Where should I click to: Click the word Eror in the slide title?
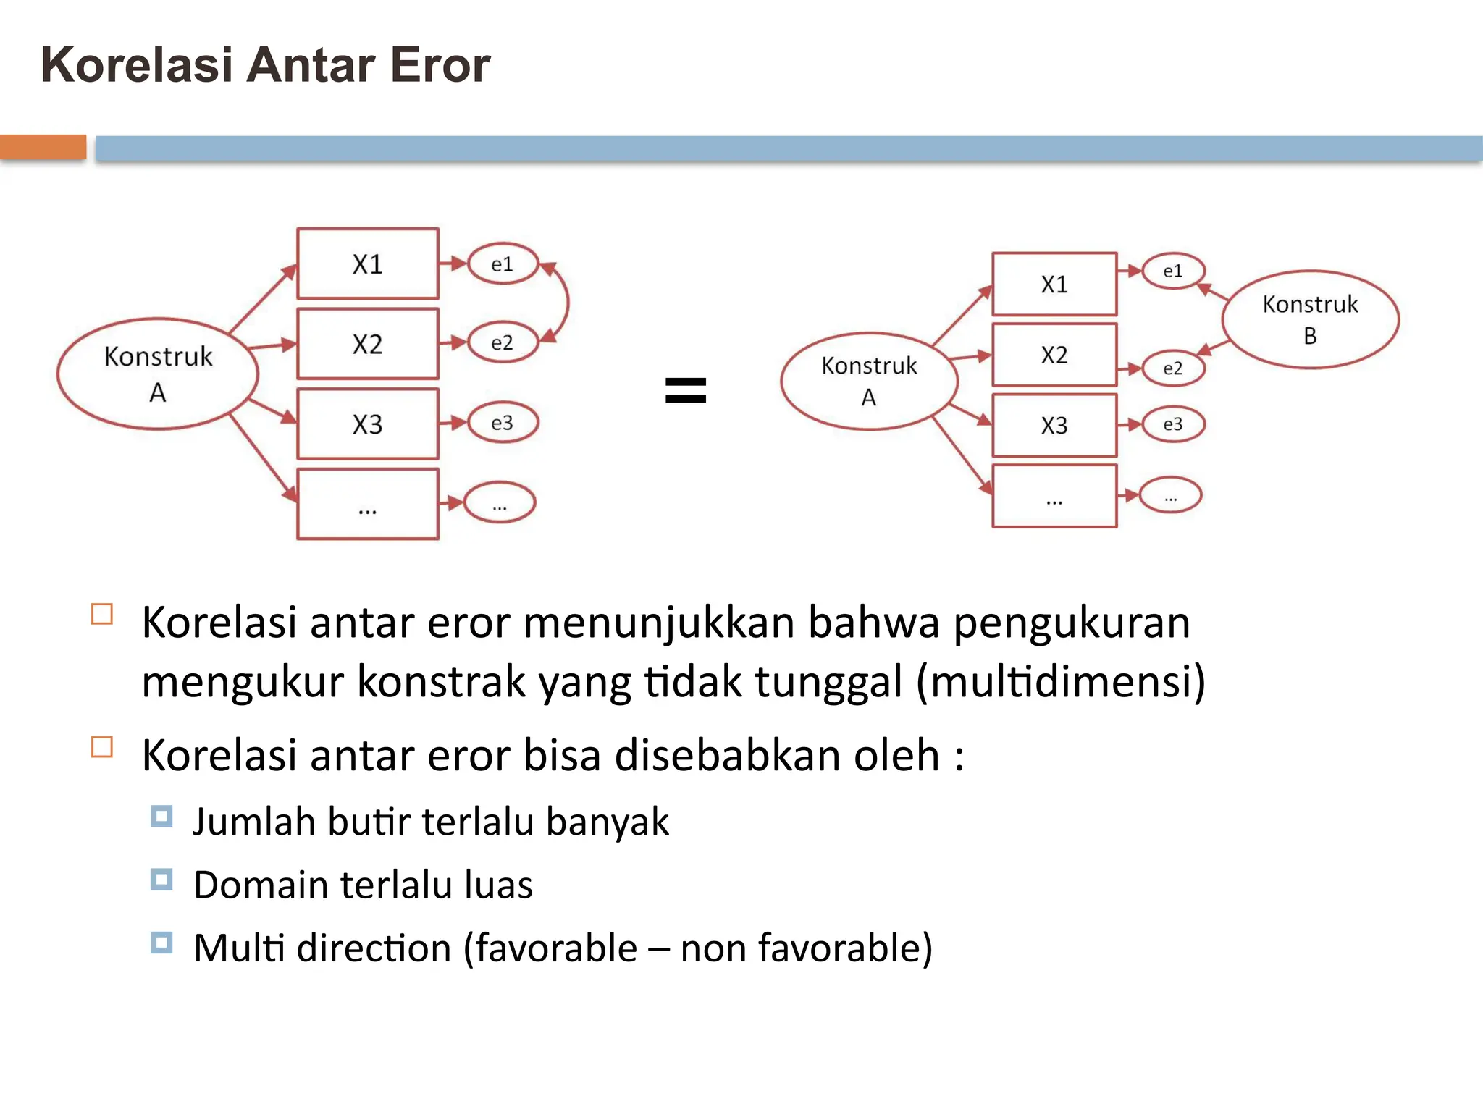[x=440, y=65]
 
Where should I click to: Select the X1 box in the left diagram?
[x=368, y=264]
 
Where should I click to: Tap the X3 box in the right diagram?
[x=1054, y=425]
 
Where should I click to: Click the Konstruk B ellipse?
[x=1310, y=319]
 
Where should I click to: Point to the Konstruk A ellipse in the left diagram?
[x=158, y=374]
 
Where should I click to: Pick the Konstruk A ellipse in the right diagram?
[x=869, y=381]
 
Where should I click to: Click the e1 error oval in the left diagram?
[x=503, y=264]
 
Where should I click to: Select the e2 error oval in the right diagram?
[x=1173, y=368]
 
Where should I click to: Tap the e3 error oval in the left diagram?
[x=503, y=423]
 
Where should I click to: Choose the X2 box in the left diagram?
[x=368, y=344]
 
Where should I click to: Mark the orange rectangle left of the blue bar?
[x=43, y=147]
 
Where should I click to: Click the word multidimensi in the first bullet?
[x=1061, y=681]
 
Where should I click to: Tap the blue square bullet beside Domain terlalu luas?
[x=161, y=880]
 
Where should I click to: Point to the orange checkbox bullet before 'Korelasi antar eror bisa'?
[x=102, y=746]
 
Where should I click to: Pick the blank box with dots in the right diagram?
[x=1054, y=497]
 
